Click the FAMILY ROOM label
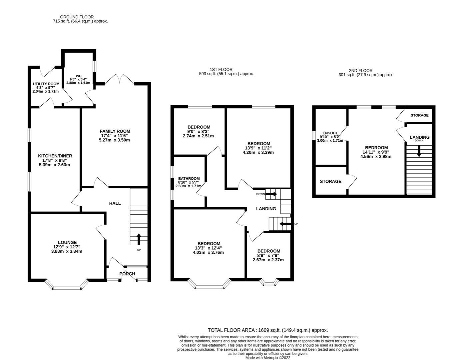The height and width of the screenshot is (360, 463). [x=114, y=131]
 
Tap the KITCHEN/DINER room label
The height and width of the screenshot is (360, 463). [x=55, y=156]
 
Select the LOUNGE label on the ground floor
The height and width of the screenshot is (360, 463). [x=67, y=242]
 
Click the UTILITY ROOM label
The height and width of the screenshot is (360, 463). [x=46, y=84]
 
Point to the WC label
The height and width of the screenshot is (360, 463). [x=79, y=76]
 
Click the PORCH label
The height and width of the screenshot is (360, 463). [x=127, y=274]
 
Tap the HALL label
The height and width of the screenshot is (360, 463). [x=115, y=203]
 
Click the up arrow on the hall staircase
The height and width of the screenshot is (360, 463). [x=139, y=239]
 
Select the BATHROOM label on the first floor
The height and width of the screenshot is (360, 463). [x=189, y=178]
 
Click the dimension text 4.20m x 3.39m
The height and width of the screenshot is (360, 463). [x=258, y=153]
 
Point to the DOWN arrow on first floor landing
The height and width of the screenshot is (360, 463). [x=272, y=194]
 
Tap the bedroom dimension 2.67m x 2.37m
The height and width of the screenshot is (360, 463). [x=268, y=260]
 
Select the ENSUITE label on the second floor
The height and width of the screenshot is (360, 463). [x=331, y=133]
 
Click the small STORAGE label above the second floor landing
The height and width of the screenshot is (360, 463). [x=419, y=115]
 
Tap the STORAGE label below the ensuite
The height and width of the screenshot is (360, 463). [x=330, y=181]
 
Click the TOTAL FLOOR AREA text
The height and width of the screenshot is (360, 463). [x=268, y=330]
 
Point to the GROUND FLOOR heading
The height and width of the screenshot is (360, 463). [x=77, y=17]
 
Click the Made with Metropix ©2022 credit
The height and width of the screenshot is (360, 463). [x=268, y=358]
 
